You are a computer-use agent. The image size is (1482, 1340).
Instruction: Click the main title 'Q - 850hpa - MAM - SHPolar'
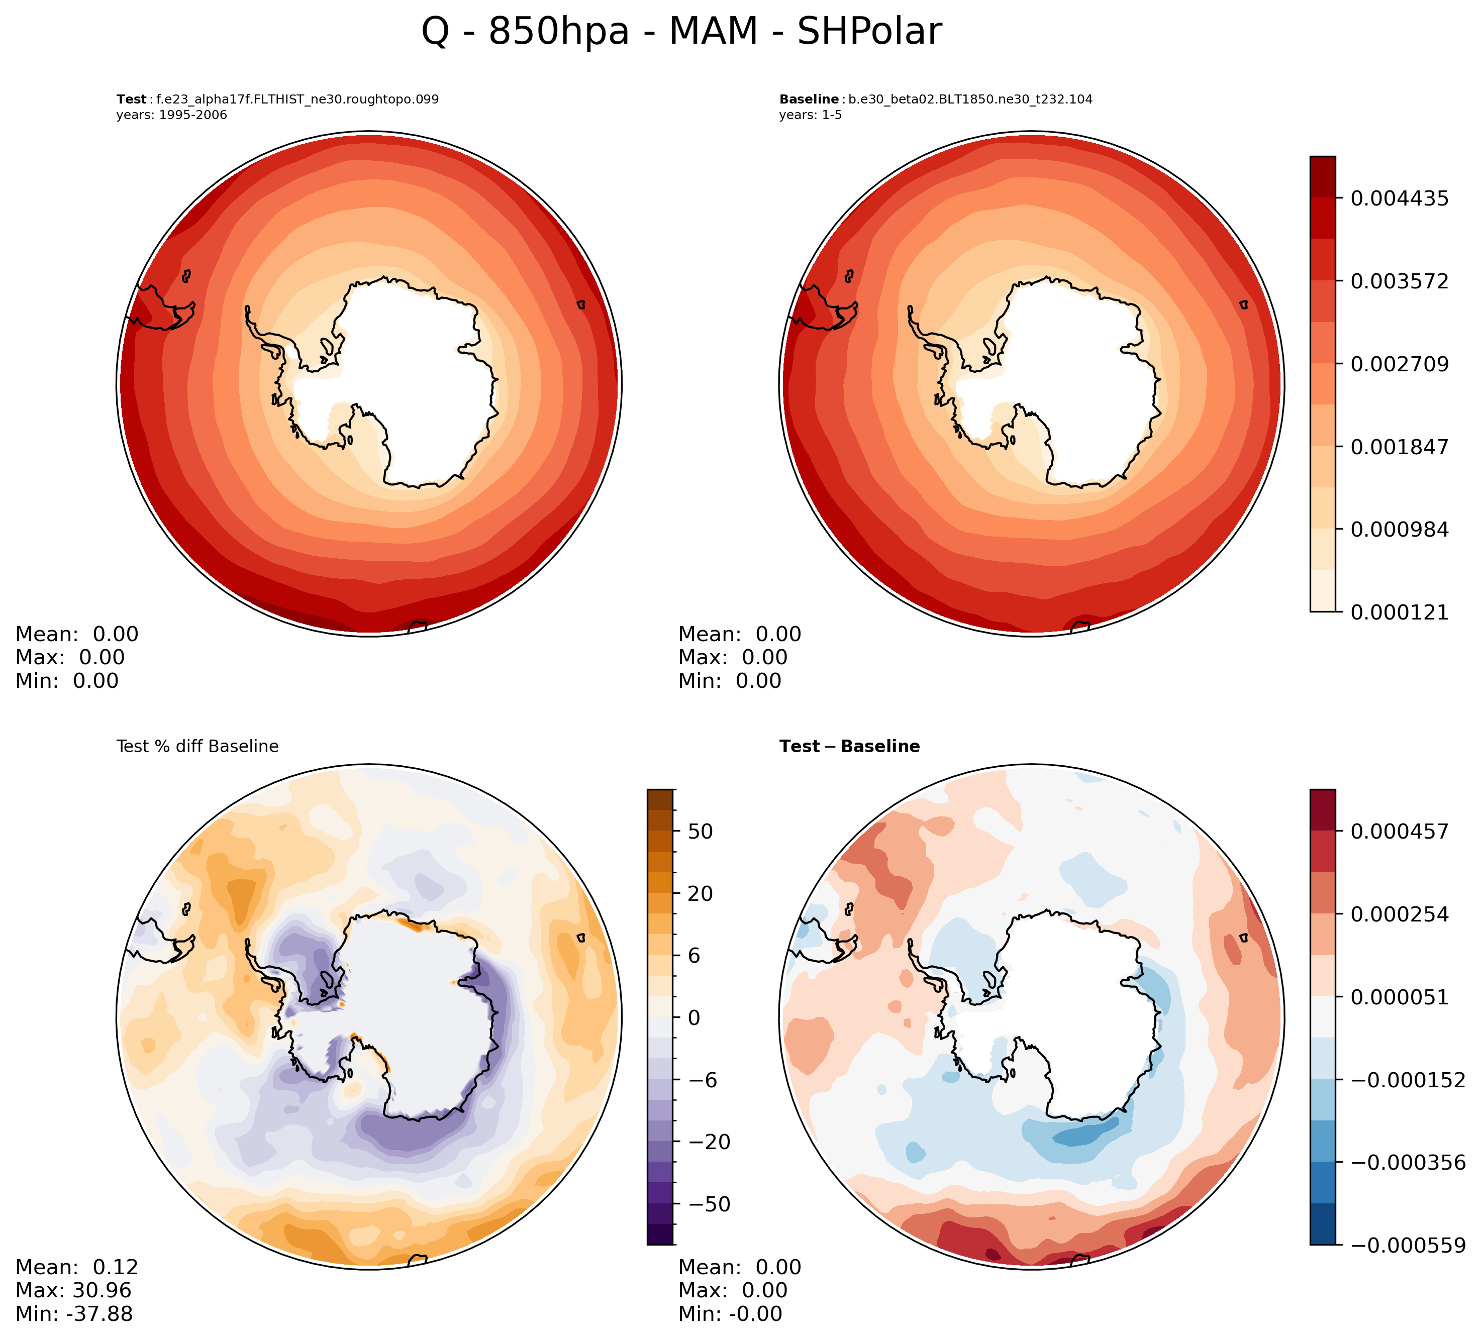click(681, 32)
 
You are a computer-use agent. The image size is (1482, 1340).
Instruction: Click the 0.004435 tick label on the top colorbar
click(1400, 198)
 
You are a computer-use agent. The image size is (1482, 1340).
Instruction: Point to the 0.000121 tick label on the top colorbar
click(1400, 612)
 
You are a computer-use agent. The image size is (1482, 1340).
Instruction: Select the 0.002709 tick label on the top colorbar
click(1400, 364)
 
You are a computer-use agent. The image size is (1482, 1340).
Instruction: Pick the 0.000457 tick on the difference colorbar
click(1400, 832)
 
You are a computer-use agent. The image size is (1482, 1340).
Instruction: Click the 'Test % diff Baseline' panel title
click(197, 747)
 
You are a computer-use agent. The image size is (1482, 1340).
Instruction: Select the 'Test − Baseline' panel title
click(849, 747)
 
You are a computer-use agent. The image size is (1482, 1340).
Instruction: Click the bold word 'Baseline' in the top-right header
click(809, 99)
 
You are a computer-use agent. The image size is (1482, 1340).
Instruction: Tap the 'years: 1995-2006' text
click(171, 116)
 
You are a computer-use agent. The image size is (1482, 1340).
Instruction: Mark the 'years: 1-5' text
click(810, 116)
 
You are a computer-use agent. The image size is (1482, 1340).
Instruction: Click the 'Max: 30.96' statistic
click(73, 1290)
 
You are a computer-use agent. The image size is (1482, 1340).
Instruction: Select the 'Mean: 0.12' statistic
click(76, 1267)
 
